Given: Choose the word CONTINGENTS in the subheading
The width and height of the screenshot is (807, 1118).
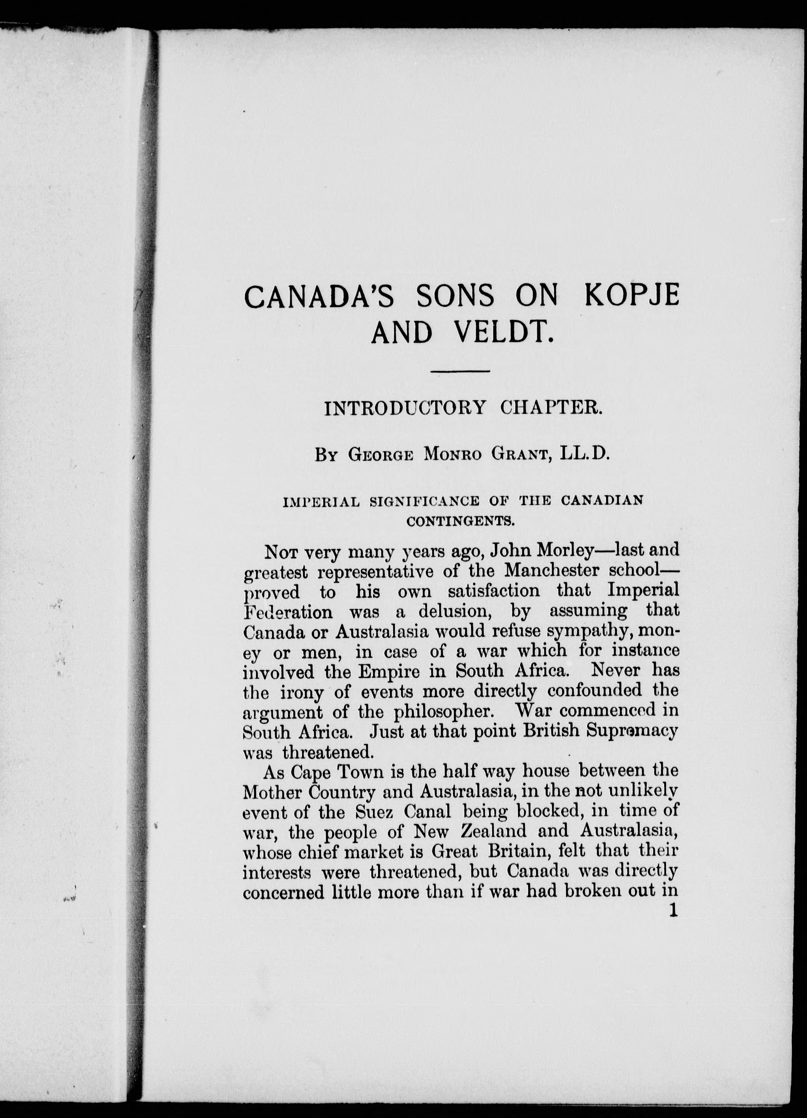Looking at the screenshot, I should point(461,521).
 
